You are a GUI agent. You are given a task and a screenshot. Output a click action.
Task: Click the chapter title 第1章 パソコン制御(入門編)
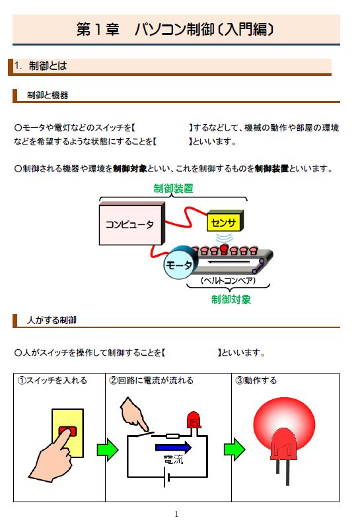[x=175, y=29]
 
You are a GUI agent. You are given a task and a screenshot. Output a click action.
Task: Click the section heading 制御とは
[x=48, y=66]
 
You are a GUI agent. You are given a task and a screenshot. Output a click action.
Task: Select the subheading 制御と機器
[x=48, y=95]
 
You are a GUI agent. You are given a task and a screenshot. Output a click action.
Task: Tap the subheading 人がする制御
[x=52, y=320]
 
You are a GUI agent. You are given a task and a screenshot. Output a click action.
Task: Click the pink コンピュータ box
[x=130, y=225]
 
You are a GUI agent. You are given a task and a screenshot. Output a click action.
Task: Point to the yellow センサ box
[x=225, y=221]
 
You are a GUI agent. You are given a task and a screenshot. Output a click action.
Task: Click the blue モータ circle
[x=178, y=265]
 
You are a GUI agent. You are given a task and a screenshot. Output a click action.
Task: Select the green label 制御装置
[x=173, y=189]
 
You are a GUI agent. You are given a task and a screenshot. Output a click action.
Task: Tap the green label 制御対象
[x=231, y=300]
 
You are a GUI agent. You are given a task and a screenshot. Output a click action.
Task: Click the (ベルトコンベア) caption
[x=229, y=280]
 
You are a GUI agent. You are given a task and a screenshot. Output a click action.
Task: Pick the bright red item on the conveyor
[x=224, y=249]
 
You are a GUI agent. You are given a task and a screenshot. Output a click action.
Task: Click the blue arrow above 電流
[x=173, y=447]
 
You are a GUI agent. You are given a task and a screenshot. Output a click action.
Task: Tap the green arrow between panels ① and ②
[x=107, y=449]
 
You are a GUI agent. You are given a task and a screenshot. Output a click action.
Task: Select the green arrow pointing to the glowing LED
[x=234, y=449]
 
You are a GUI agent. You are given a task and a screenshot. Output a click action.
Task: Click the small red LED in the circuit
[x=194, y=420]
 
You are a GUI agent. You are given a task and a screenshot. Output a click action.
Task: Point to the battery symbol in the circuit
[x=166, y=477]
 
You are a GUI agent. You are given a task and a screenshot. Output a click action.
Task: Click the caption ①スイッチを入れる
[x=52, y=380]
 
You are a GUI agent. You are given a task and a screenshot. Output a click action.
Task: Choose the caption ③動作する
[x=256, y=380]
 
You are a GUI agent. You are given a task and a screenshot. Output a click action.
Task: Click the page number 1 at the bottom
[x=176, y=514]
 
